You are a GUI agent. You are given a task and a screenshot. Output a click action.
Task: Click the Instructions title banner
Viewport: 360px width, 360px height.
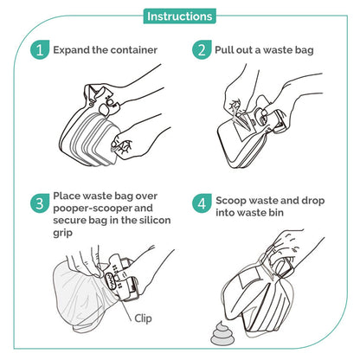[179, 16]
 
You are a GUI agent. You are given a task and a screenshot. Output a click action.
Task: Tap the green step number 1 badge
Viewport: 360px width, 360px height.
[40, 50]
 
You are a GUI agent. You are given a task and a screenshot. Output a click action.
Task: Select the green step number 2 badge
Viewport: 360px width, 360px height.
[202, 50]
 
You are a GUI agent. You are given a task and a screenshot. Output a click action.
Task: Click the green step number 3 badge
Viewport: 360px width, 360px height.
[40, 203]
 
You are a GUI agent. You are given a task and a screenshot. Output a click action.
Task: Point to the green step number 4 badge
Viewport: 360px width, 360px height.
[202, 203]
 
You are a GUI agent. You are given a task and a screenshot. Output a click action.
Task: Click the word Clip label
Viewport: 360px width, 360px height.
[143, 318]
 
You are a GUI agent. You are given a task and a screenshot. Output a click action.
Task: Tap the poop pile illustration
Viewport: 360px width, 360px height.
[222, 333]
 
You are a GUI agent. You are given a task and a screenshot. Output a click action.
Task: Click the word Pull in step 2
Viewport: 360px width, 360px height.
[222, 50]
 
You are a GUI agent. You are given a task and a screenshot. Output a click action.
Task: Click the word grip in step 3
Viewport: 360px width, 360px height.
[62, 233]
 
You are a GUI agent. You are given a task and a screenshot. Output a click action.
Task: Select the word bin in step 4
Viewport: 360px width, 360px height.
[277, 213]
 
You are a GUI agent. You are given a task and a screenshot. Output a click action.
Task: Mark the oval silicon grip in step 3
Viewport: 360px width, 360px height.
[111, 280]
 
